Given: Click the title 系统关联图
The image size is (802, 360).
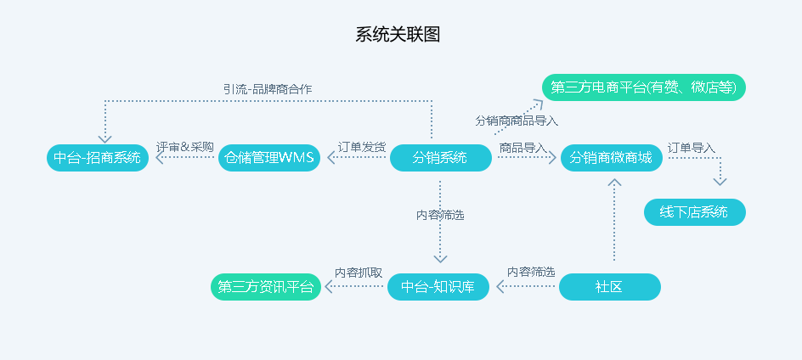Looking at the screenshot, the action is click(398, 35).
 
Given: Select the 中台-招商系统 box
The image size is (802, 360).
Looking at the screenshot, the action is click(98, 158).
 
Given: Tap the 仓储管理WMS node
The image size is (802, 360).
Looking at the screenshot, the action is click(269, 158).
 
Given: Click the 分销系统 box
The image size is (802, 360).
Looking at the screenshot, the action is click(440, 158).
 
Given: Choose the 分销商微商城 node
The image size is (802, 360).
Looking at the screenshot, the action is click(611, 158).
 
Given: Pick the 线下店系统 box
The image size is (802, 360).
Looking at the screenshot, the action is click(695, 211).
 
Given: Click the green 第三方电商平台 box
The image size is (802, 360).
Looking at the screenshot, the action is click(644, 87).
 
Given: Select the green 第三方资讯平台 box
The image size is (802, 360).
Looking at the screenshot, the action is click(266, 287).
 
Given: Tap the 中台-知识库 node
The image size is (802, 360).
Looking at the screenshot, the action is click(438, 287).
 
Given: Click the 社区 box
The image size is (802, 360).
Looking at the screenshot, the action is click(610, 287).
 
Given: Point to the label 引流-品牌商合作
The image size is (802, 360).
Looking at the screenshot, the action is click(268, 89).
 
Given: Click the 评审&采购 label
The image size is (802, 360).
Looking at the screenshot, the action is click(184, 147).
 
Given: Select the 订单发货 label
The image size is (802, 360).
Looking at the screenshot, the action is click(362, 147).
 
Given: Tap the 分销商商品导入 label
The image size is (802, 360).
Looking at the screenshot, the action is click(517, 121).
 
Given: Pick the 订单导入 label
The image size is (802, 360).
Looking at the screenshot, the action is click(691, 148).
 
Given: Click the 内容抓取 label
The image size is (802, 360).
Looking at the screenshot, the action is click(359, 273).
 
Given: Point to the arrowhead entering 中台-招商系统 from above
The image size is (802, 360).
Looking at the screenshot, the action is click(104, 139).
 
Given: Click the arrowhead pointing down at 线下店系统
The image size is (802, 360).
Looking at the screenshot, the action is click(720, 182).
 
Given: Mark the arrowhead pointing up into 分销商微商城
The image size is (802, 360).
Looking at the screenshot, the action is click(614, 182).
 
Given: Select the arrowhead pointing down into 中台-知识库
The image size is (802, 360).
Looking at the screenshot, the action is click(440, 259).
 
